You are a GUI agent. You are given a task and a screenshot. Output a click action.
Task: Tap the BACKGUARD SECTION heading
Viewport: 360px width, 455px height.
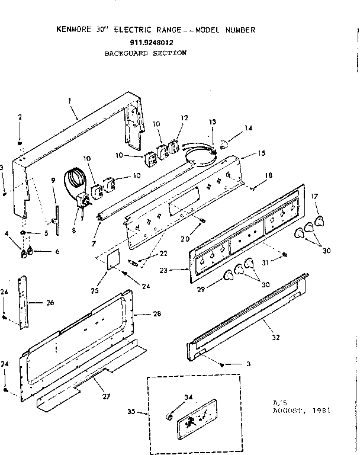coord(146,53)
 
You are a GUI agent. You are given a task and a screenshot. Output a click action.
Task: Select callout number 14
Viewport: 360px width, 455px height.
coord(249,128)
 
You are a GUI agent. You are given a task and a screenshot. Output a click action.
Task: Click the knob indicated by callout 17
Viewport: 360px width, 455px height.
coord(320,222)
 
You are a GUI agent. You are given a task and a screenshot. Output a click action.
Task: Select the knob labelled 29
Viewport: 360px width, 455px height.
coord(229,275)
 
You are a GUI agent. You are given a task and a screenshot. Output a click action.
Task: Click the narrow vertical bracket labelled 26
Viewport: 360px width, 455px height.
coord(23,302)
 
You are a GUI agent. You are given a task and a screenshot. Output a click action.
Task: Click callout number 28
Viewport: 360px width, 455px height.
coord(157,313)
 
